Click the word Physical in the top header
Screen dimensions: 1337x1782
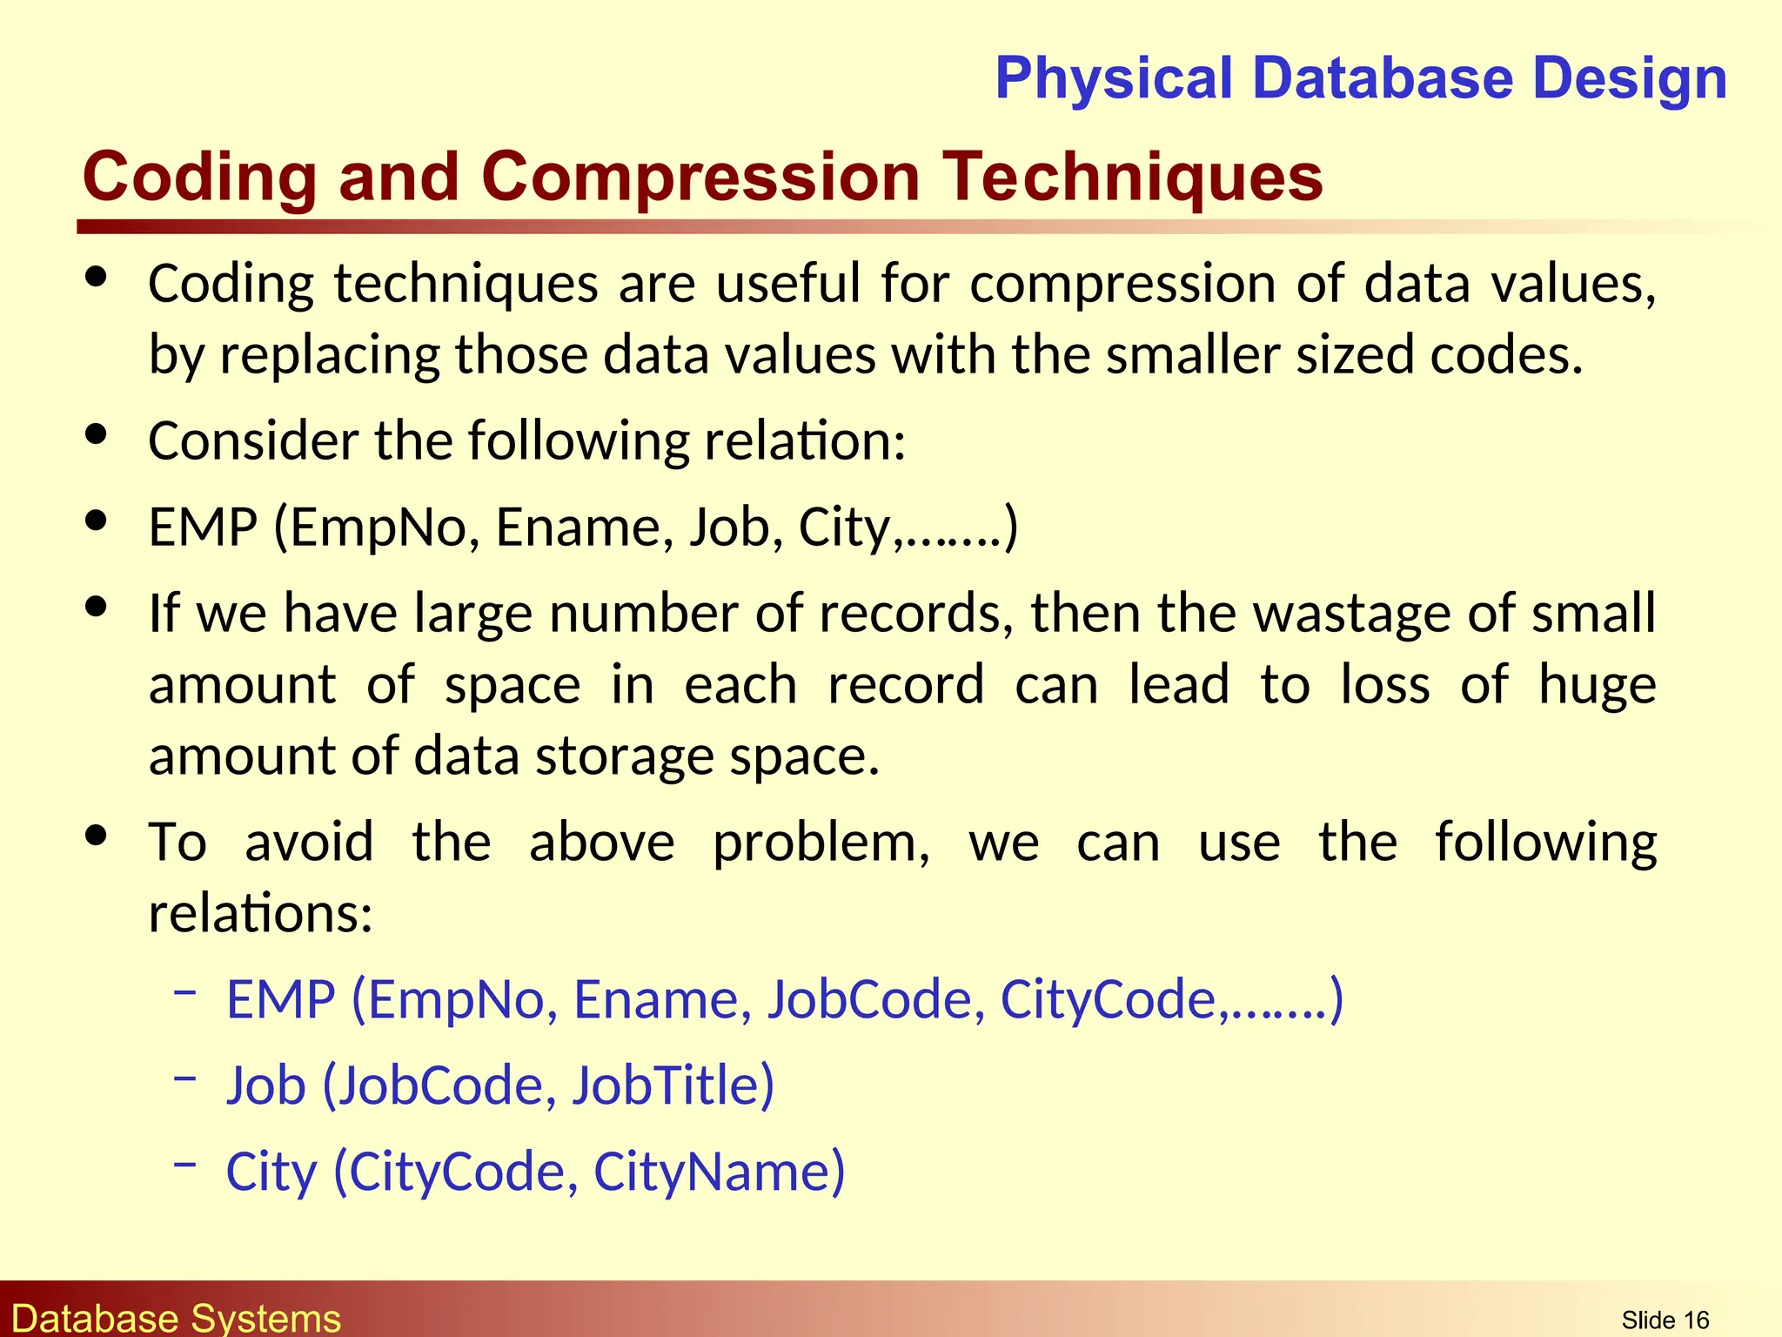(1115, 79)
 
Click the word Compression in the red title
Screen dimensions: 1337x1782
(700, 177)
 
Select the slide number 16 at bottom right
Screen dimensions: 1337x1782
(1696, 1320)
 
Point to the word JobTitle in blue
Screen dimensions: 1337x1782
(673, 1085)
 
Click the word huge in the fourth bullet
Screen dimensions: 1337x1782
(1597, 685)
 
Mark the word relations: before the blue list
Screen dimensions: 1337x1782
(260, 914)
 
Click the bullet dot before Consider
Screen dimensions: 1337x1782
(97, 433)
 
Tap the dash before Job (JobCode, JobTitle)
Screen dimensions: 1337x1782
(184, 1078)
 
